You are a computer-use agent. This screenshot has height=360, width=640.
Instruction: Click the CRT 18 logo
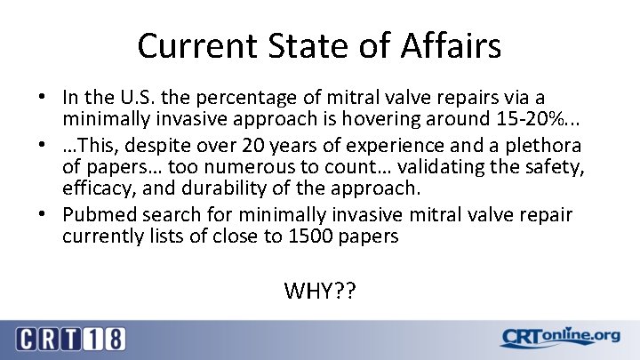(70, 338)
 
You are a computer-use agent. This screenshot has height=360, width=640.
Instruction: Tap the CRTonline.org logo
(559, 337)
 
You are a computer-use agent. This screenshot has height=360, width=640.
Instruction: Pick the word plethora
(544, 145)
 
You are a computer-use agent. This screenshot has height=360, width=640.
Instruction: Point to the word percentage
(250, 96)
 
